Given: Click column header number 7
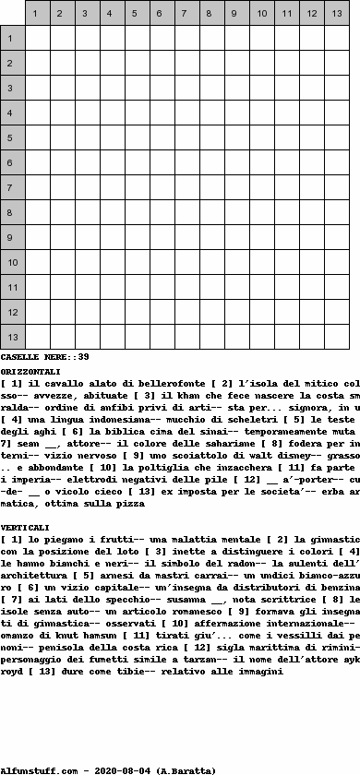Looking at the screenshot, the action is tap(186, 14).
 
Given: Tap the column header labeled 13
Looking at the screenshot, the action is tap(336, 14).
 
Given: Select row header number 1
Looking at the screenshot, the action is tap(12, 39).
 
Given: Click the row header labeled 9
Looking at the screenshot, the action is tap(12, 238).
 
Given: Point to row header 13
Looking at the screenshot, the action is tap(12, 338).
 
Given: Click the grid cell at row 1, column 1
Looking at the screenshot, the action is tap(37, 39).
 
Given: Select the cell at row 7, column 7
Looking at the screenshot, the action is tap(186, 188).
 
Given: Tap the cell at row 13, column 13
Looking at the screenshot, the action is tap(336, 338).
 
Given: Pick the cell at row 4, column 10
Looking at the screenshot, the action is tap(261, 113).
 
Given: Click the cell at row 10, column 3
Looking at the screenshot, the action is tap(87, 263).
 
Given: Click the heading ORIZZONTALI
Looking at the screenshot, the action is tap(31, 371).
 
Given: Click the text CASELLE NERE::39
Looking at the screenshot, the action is tap(45, 356).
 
